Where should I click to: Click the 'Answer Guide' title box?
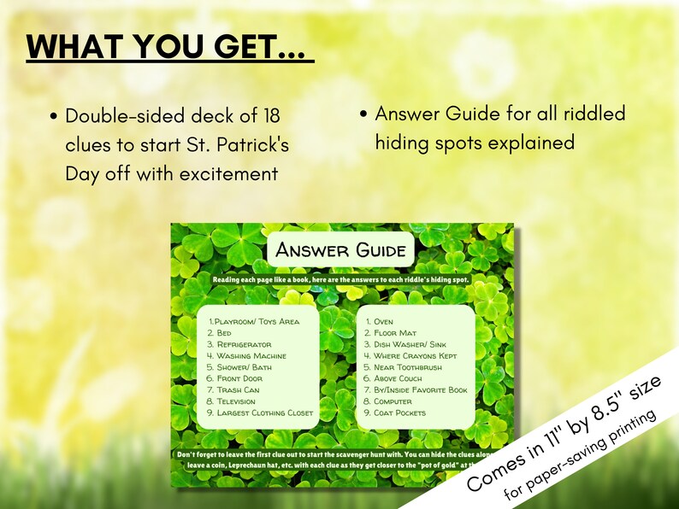340,250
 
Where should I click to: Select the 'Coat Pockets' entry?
399,412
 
